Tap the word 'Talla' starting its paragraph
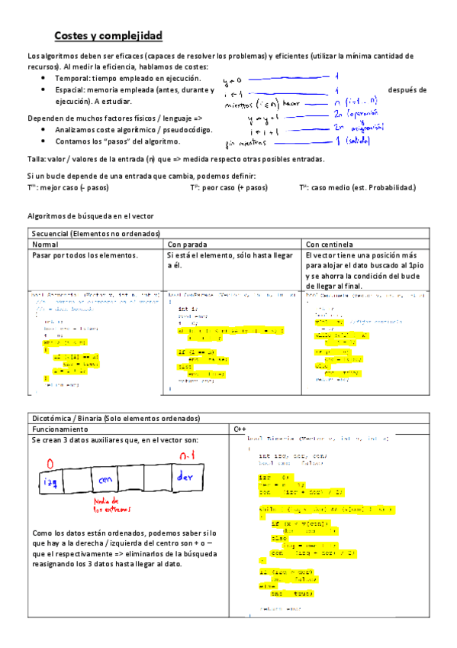click(36, 158)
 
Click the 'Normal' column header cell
click(44, 244)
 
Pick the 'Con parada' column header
click(187, 244)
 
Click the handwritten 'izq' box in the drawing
click(51, 481)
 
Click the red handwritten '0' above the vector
click(50, 463)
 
